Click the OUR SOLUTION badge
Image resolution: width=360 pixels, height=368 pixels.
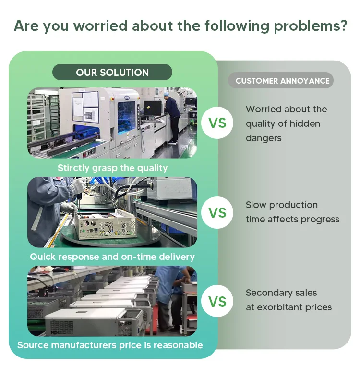(112, 73)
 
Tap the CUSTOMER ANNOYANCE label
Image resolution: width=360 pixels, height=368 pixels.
(282, 81)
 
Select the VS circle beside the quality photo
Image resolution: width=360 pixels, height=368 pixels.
(217, 123)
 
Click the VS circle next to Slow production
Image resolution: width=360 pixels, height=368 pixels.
(217, 212)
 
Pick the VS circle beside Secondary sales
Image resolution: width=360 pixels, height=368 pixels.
(217, 301)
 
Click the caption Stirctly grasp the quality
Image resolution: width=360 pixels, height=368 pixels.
(112, 168)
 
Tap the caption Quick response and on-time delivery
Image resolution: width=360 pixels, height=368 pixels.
(112, 257)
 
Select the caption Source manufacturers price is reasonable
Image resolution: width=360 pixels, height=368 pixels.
(110, 345)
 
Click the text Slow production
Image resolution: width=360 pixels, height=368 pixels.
(282, 205)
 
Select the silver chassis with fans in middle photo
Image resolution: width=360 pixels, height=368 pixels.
(101, 223)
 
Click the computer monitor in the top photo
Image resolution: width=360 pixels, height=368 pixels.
(153, 107)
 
